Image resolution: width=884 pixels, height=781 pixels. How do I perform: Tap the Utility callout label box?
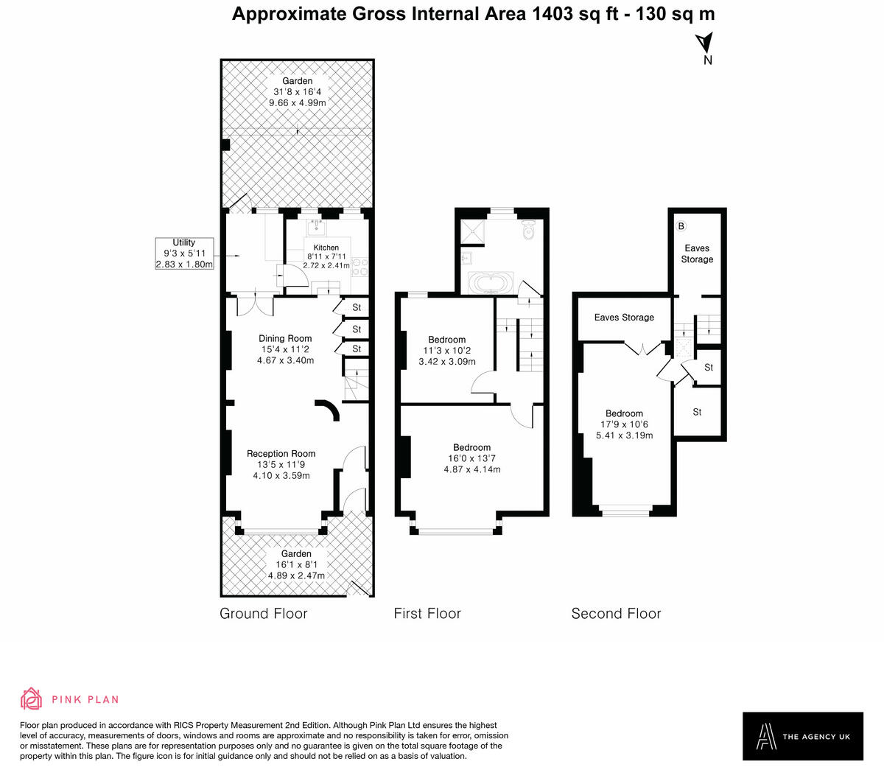point(184,253)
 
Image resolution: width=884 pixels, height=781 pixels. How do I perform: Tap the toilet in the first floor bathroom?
point(527,231)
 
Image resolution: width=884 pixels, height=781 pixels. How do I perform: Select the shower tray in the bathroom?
point(471,232)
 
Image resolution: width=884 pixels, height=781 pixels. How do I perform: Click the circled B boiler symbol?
point(681,225)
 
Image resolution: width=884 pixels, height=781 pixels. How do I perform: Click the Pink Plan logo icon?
point(32,699)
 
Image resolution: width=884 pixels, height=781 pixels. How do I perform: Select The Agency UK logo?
point(802,736)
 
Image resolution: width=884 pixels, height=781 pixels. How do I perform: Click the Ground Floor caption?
point(263,614)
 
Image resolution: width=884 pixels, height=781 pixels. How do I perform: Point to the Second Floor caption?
point(616,614)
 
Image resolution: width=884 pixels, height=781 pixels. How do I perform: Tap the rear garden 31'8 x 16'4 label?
point(297,92)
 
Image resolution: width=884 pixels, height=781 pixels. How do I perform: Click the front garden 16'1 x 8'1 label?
point(296,564)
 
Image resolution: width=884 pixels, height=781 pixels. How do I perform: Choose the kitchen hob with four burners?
point(360,265)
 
